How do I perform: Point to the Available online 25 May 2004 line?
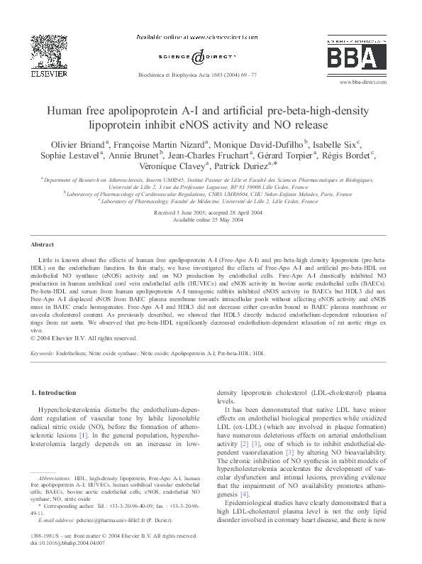211,219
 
